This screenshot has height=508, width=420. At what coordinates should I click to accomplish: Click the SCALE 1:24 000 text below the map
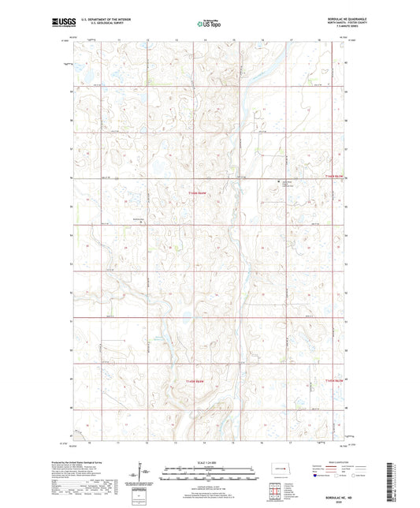pyautogui.click(x=209, y=464)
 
